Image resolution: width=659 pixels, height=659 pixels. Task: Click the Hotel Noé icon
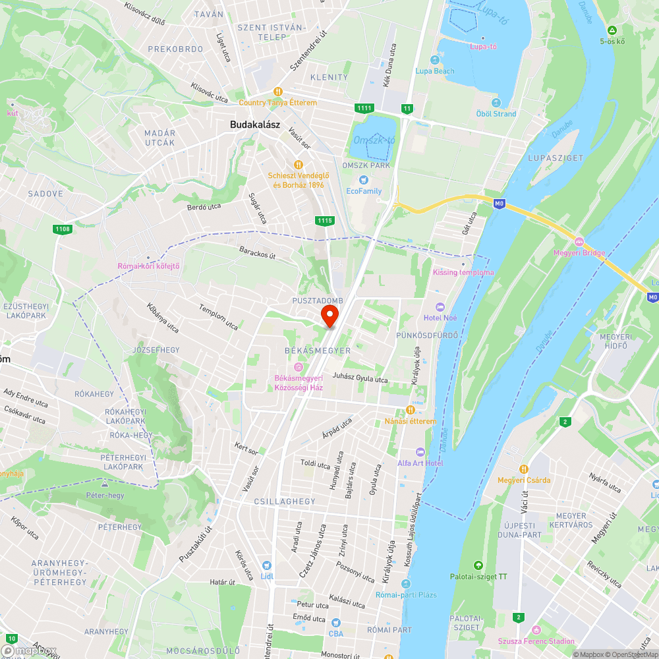(440, 308)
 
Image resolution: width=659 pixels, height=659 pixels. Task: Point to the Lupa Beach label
(435, 71)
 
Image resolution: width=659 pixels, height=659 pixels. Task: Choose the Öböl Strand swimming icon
(496, 103)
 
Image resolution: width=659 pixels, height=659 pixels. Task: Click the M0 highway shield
(500, 204)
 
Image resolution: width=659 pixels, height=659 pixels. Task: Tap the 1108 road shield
(63, 229)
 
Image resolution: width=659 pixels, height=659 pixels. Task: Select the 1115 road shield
(324, 221)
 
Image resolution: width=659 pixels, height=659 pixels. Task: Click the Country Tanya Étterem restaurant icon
(278, 92)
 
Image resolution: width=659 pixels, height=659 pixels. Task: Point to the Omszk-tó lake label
(374, 140)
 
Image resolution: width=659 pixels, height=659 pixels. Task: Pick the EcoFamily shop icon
(362, 180)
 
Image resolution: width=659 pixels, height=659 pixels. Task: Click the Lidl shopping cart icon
(266, 565)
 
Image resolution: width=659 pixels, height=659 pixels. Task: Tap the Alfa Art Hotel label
(420, 463)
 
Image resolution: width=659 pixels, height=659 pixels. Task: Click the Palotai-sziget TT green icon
(478, 565)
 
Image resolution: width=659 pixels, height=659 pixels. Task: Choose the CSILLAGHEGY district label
(285, 501)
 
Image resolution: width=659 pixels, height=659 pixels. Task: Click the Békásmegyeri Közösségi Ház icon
(299, 367)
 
